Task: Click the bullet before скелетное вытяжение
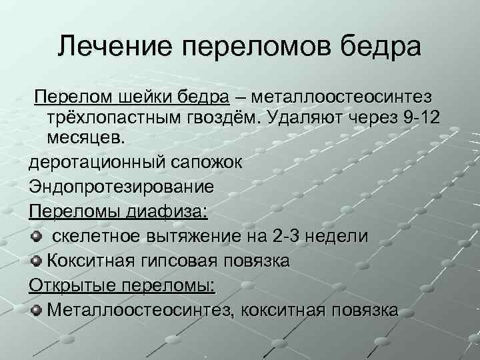point(37,236)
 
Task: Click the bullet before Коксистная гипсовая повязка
point(37,261)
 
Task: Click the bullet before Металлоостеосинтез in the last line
point(37,309)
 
